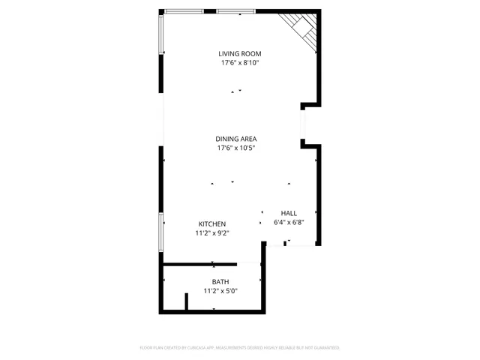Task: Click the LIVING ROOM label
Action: tap(240, 53)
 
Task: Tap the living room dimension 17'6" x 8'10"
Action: tap(240, 63)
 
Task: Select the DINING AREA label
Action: tap(237, 139)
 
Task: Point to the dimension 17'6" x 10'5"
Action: tap(237, 148)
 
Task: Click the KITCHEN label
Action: tap(212, 224)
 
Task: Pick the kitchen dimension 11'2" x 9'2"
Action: tap(212, 233)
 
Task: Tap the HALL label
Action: tap(289, 213)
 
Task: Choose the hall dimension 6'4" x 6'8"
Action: tap(289, 222)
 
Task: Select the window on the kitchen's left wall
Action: tap(161, 232)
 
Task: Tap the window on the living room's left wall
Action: tap(160, 34)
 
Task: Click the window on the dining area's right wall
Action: tap(302, 124)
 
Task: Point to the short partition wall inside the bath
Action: tap(187, 301)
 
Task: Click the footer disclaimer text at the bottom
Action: tap(240, 348)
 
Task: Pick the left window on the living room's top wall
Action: tap(184, 11)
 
